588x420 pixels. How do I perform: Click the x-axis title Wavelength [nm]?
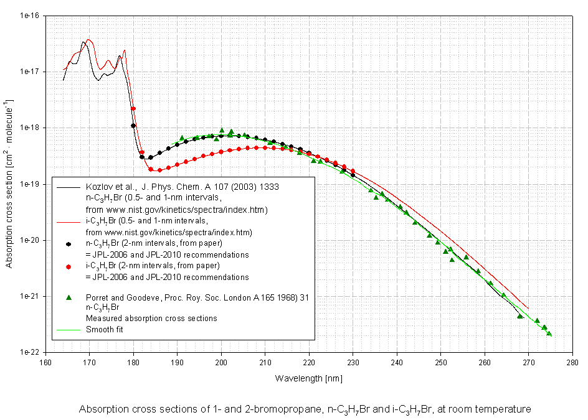point(309,378)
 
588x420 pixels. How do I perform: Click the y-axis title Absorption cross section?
point(9,184)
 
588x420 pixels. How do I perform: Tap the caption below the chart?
point(305,409)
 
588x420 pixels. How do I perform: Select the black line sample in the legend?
point(70,185)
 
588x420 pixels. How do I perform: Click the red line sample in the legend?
point(70,221)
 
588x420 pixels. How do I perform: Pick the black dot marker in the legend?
point(70,245)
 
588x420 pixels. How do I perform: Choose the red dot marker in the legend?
point(70,267)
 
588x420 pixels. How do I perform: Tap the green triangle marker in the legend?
point(70,297)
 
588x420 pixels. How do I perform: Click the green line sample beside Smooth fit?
point(70,329)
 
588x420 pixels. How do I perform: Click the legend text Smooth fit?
point(105,329)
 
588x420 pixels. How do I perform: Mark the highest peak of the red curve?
point(89,40)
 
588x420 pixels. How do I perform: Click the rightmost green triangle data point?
point(549,334)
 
